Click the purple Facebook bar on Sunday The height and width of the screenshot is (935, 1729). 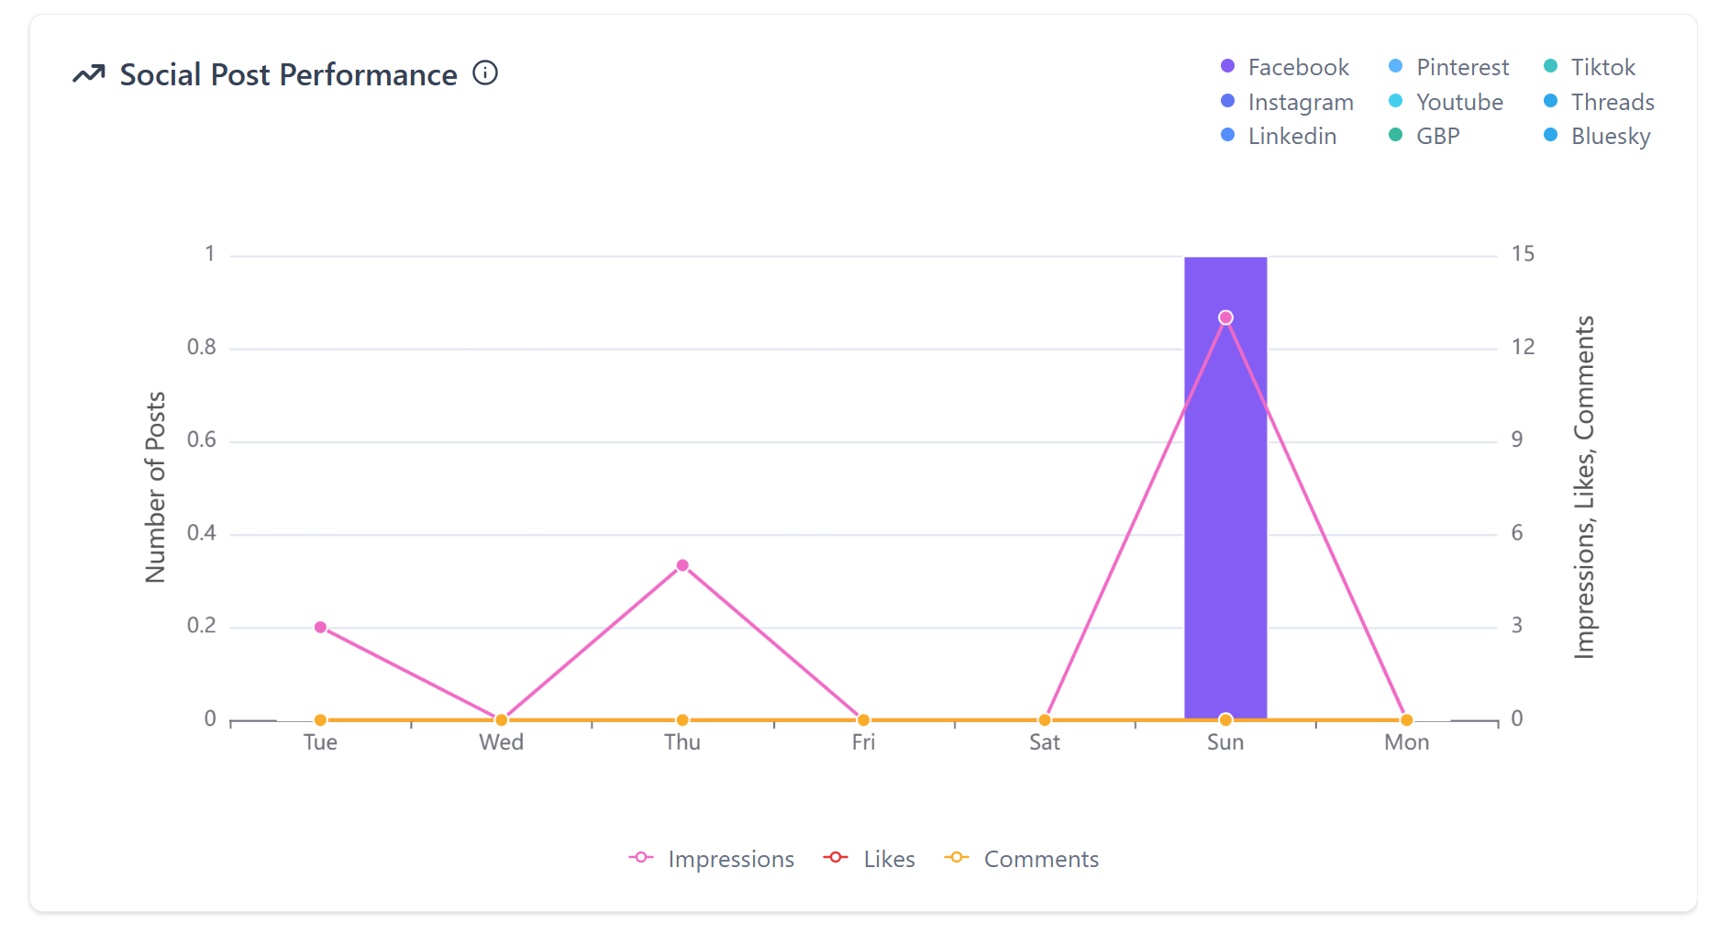(x=1225, y=514)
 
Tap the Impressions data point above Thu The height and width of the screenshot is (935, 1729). (x=682, y=565)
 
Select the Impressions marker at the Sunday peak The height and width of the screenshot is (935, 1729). (x=1225, y=317)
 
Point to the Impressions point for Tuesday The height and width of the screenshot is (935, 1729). (x=320, y=628)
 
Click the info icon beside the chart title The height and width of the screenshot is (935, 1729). (x=485, y=72)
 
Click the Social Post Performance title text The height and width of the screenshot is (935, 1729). (x=288, y=74)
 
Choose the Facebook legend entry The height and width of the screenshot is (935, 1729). (x=1285, y=67)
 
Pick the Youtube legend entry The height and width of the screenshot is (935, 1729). (x=1446, y=102)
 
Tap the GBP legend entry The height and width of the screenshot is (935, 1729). (x=1425, y=136)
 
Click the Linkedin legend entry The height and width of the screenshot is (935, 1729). (x=1279, y=136)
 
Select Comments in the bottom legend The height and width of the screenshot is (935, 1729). (x=1022, y=859)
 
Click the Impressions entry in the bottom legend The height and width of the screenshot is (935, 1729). (x=712, y=859)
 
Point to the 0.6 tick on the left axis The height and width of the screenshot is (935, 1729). (x=202, y=440)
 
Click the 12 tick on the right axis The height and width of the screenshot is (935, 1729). (x=1523, y=347)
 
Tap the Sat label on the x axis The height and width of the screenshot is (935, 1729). (x=1044, y=742)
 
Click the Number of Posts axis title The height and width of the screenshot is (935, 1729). (x=156, y=486)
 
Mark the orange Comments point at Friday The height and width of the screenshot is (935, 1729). (x=863, y=720)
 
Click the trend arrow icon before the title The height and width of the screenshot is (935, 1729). (x=89, y=74)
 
